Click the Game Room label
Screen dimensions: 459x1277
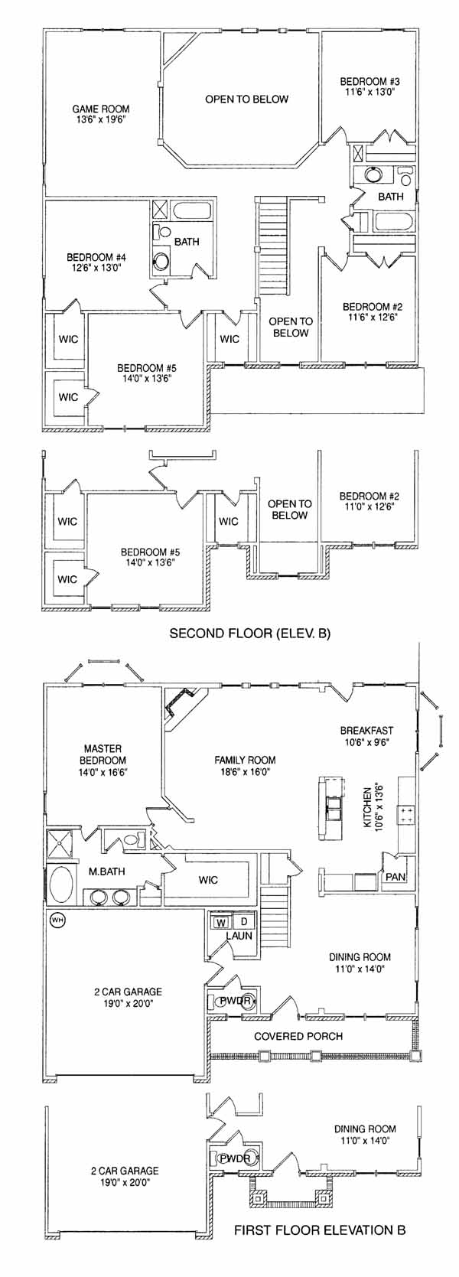[100, 109]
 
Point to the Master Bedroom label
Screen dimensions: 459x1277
[104, 754]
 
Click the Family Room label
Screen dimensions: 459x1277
[245, 760]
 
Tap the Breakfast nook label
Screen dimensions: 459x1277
[366, 730]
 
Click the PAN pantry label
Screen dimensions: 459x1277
[396, 877]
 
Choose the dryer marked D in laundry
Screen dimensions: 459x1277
[243, 921]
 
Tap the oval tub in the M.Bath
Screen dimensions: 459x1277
[61, 884]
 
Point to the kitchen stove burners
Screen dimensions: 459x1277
[406, 814]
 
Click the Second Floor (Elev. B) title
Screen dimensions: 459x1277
[250, 634]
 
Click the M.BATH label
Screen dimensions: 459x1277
[106, 871]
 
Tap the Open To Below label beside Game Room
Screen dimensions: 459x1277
[247, 99]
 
